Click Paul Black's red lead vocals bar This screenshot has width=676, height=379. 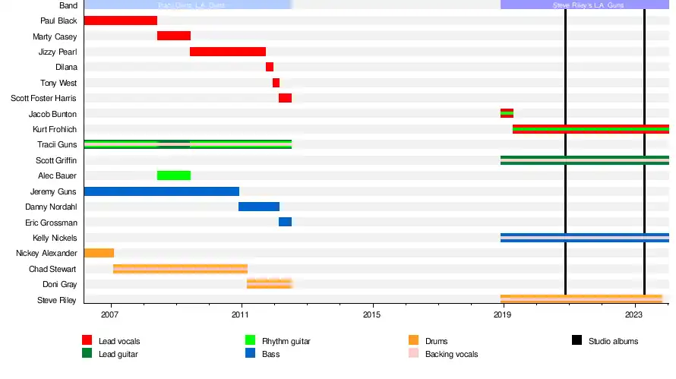(120, 21)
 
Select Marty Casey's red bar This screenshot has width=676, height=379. (174, 36)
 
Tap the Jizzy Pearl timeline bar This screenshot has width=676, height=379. (228, 52)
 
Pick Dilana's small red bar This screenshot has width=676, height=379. (270, 67)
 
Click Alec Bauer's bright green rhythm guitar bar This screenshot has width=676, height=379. (174, 175)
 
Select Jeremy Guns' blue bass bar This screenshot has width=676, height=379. (161, 191)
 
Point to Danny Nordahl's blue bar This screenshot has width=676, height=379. (259, 207)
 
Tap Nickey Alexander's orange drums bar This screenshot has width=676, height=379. (99, 253)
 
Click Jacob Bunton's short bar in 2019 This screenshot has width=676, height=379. (507, 113)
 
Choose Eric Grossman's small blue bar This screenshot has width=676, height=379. (285, 222)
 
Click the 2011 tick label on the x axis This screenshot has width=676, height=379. (242, 314)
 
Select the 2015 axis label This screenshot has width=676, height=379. (372, 314)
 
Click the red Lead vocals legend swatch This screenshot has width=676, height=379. (87, 340)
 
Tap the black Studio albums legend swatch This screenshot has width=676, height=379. (576, 340)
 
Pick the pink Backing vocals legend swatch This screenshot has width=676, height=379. (413, 353)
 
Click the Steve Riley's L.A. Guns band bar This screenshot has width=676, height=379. (585, 5)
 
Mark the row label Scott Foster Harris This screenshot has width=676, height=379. (43, 98)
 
